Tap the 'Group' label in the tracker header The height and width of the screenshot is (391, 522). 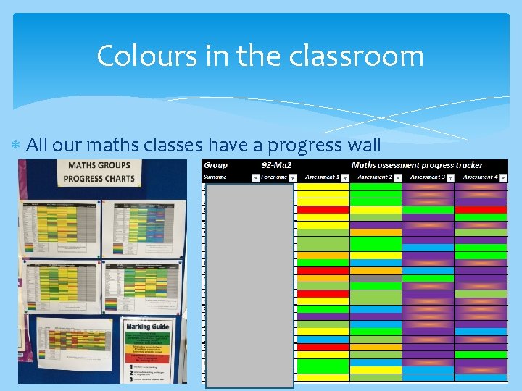point(216,165)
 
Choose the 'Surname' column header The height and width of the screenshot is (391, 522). point(215,177)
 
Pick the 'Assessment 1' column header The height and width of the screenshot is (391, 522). point(322,177)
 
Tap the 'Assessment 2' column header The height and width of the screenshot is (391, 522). point(374,177)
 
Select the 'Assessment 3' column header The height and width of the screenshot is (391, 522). point(426,177)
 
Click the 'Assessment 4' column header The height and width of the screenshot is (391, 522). point(479,177)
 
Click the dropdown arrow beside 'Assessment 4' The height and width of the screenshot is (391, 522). point(503,177)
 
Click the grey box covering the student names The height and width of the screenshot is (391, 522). point(250,285)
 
